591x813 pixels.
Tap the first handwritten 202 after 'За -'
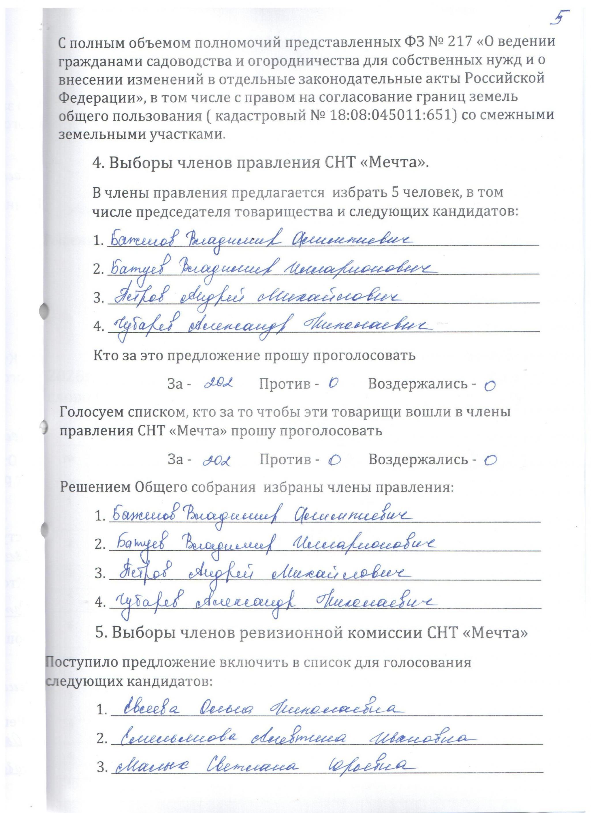[x=219, y=383]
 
